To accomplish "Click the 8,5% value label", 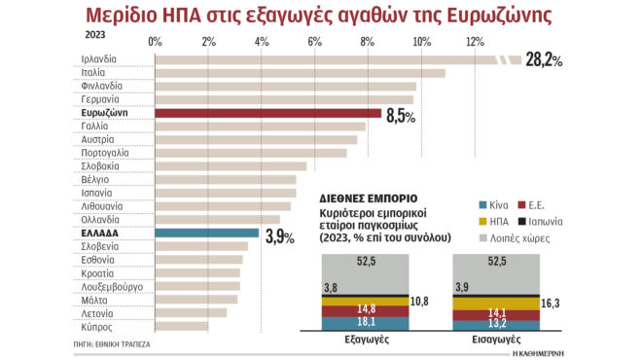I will (x=401, y=116).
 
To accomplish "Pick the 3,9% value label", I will (x=280, y=236).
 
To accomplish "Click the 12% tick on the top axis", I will (x=475, y=41).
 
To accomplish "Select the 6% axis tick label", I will (x=315, y=41).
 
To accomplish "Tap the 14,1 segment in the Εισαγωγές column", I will (x=497, y=312).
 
